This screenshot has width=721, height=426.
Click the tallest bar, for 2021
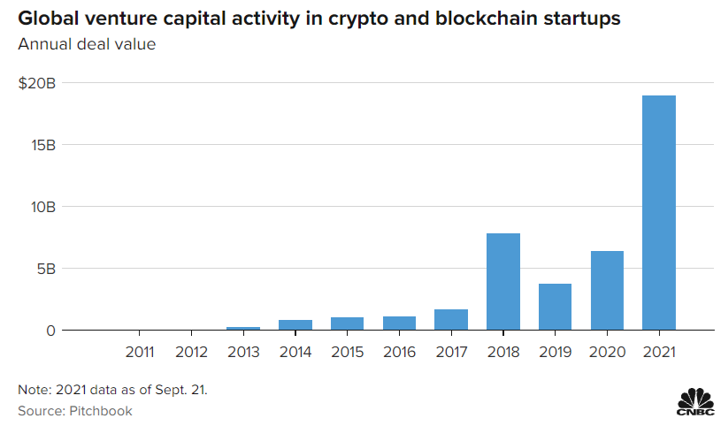point(659,212)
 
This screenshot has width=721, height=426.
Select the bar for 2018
point(503,281)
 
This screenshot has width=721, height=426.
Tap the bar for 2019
point(555,306)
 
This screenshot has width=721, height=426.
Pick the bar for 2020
point(607,290)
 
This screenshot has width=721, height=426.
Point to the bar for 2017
point(451,319)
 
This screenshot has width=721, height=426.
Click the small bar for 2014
point(295,324)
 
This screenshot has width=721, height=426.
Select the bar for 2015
point(347,323)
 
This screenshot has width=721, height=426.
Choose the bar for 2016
point(399,323)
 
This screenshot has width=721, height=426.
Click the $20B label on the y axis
point(37,83)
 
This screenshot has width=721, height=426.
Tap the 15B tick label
point(43,145)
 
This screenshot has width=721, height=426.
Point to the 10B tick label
point(43,207)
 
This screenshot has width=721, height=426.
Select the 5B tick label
point(47,269)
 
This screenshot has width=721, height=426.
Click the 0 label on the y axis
point(51,331)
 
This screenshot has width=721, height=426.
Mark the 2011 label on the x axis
point(139,352)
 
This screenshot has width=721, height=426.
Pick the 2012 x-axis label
point(191,352)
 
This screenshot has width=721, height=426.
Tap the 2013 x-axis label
point(242,352)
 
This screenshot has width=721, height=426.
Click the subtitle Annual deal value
point(87,44)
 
